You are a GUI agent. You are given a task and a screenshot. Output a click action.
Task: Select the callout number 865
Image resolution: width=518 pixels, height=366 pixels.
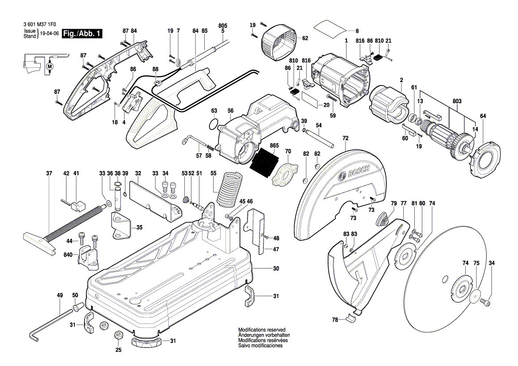pos(274,145)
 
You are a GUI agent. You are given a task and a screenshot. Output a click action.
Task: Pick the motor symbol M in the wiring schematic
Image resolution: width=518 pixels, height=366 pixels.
pos(50,66)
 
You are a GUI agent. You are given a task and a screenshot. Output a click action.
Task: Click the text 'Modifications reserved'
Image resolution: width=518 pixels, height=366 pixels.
pos(259,331)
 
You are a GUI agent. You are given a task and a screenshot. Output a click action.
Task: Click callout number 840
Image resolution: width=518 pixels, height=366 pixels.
pos(68,255)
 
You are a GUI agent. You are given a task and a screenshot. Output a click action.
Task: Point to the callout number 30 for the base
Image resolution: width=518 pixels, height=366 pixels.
pos(276,269)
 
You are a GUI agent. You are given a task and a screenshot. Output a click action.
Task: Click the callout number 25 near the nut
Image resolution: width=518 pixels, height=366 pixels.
pos(118,350)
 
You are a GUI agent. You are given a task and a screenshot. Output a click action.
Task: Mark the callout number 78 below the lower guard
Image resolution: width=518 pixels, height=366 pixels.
pos(335,319)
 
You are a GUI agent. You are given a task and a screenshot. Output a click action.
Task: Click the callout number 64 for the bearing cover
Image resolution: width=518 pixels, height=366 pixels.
pos(483,116)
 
